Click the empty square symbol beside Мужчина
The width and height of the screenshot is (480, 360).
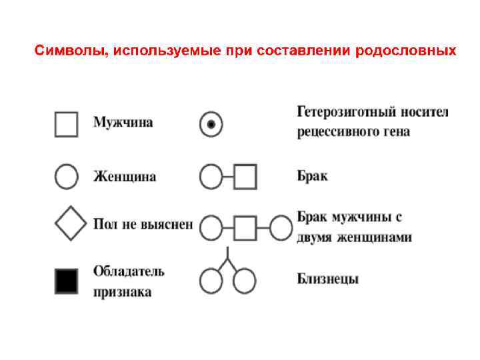(67, 124)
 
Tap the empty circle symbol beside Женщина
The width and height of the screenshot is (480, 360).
(66, 177)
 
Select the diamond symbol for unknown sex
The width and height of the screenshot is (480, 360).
(70, 224)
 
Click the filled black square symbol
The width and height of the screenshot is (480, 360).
(67, 281)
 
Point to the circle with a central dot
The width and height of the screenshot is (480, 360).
(211, 124)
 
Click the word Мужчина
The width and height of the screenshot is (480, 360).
(123, 123)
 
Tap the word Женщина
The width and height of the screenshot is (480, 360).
(125, 177)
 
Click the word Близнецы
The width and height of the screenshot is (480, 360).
(327, 279)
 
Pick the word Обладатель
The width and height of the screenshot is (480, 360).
(129, 271)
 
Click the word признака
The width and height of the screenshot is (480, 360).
(122, 291)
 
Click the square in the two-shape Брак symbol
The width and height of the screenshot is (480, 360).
(245, 177)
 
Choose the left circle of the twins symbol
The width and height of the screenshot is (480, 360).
(211, 281)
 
